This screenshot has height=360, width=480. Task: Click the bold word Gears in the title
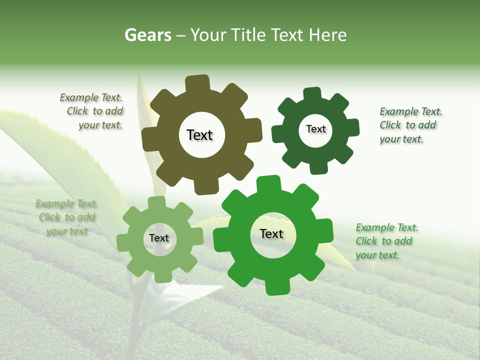pos(147,35)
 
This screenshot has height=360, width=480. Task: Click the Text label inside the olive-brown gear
pos(199,135)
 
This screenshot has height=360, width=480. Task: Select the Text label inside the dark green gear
pos(315,129)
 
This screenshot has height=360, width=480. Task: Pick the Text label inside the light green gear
pos(159,238)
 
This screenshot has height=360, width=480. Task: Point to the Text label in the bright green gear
pos(271,233)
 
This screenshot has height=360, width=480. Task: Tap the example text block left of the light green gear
pos(67,217)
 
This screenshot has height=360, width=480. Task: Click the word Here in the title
pos(328,35)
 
